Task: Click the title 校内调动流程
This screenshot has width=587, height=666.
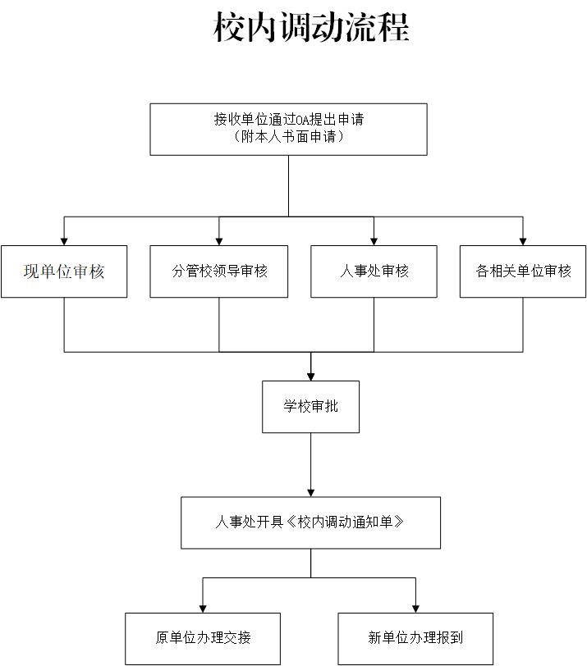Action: (311, 27)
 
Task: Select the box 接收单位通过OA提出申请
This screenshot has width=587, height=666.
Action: (288, 129)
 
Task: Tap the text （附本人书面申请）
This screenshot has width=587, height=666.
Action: (288, 137)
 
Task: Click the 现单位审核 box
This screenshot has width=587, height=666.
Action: (64, 271)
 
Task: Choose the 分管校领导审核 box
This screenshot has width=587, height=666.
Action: (219, 271)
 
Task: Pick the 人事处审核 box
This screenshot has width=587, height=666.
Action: (374, 271)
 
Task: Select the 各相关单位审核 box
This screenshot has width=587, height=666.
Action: (523, 271)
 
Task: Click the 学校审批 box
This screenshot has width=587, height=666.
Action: (310, 406)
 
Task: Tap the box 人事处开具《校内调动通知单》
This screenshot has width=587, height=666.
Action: (310, 522)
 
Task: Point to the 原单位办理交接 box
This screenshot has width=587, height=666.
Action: (203, 638)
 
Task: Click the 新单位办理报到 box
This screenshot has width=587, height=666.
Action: (415, 638)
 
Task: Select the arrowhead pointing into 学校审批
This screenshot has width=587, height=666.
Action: (310, 376)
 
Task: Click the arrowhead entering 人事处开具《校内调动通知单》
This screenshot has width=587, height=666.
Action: (310, 492)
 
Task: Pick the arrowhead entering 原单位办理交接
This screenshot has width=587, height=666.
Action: (203, 608)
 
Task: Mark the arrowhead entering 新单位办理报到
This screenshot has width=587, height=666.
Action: (415, 608)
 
